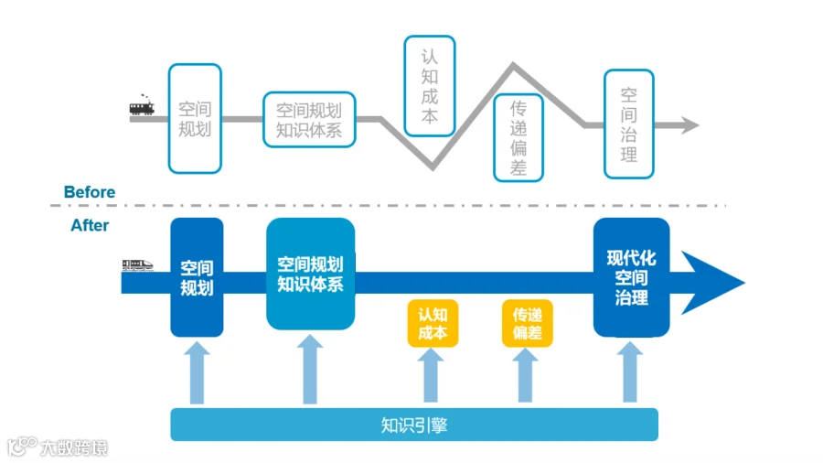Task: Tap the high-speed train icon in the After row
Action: tap(137, 265)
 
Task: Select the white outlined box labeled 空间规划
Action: tap(195, 119)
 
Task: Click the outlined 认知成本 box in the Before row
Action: tap(430, 85)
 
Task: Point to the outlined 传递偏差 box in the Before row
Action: tap(518, 137)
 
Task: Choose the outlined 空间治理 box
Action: tap(629, 124)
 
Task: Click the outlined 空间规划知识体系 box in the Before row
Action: tap(309, 120)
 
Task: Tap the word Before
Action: tap(90, 192)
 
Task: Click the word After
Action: tap(90, 225)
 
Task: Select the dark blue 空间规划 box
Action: tap(197, 277)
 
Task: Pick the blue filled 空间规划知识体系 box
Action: tap(310, 274)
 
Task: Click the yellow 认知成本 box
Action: tap(433, 323)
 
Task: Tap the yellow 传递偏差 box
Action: tap(528, 323)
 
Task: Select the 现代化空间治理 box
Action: tap(631, 277)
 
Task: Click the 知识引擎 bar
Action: tap(414, 425)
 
